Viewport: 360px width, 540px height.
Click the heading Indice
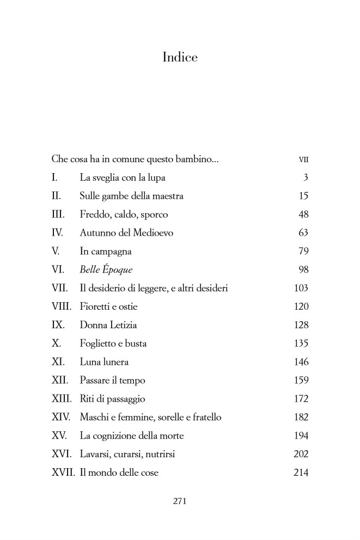pyautogui.click(x=180, y=57)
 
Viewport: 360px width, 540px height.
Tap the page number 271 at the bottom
pyautogui.click(x=180, y=501)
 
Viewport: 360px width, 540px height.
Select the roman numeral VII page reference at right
pyautogui.click(x=303, y=160)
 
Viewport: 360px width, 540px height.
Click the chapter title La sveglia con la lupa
pyautogui.click(x=123, y=178)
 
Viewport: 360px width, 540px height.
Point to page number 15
pyautogui.click(x=303, y=197)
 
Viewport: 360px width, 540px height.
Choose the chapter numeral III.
pyautogui.click(x=58, y=215)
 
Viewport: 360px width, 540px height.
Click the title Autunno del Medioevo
pyautogui.click(x=126, y=233)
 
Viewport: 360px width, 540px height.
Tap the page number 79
pyautogui.click(x=303, y=251)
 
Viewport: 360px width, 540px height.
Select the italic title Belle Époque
pyautogui.click(x=106, y=270)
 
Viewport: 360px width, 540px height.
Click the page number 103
pyautogui.click(x=301, y=289)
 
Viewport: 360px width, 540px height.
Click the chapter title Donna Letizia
pyautogui.click(x=108, y=325)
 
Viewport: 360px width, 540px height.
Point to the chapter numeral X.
pyautogui.click(x=55, y=343)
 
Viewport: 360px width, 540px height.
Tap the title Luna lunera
pyautogui.click(x=104, y=362)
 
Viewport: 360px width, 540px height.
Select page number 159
pyautogui.click(x=301, y=381)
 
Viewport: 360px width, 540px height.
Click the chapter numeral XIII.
pyautogui.click(x=62, y=399)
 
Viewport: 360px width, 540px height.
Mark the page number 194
pyautogui.click(x=301, y=436)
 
